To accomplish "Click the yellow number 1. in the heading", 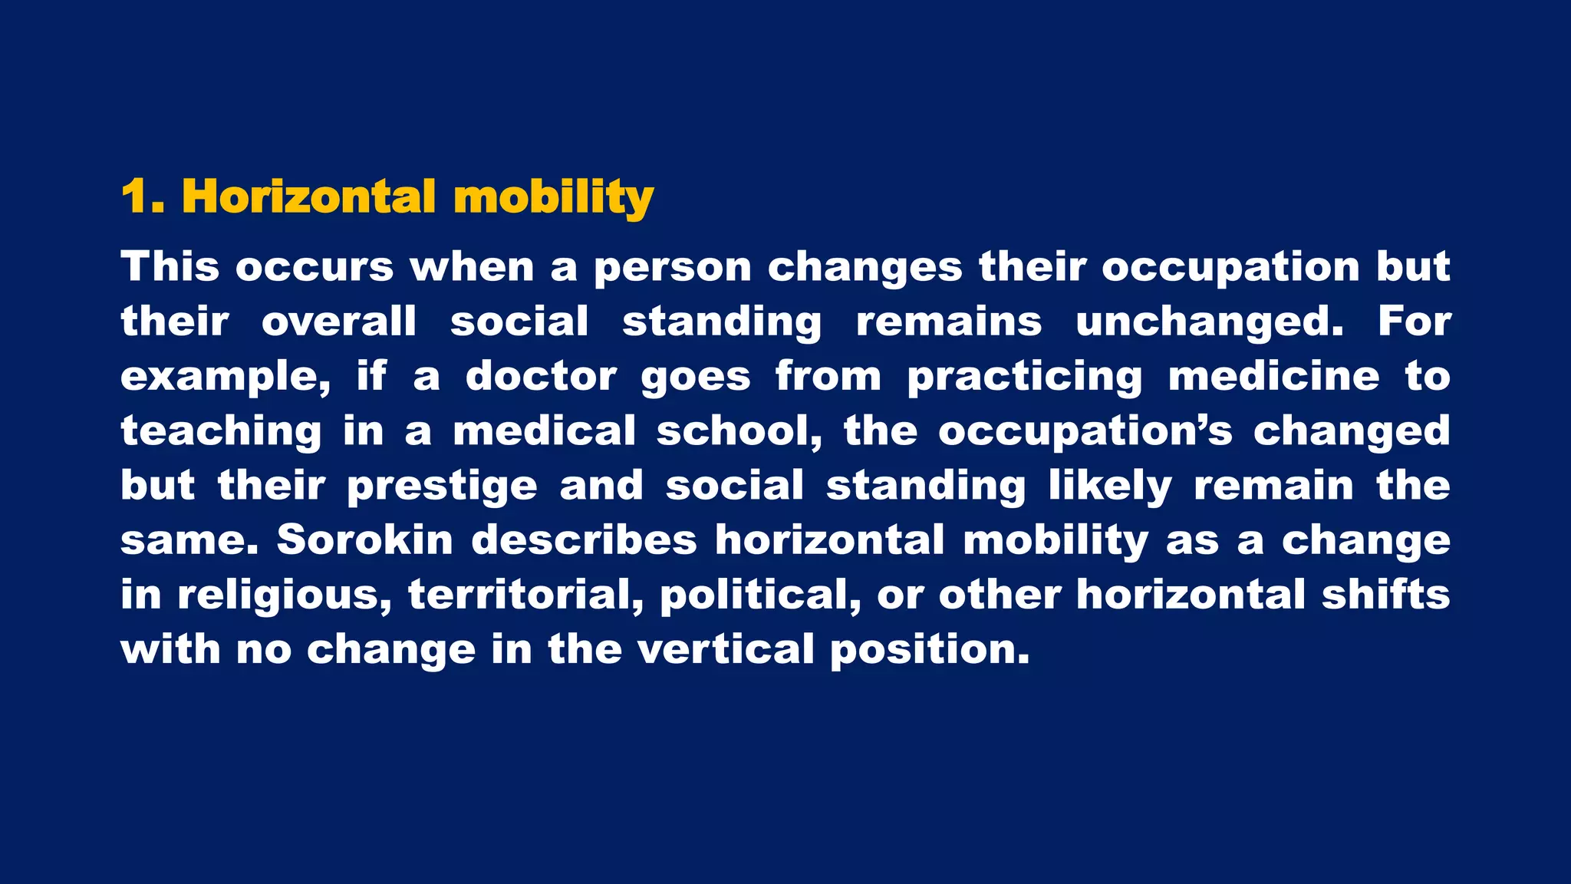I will point(143,197).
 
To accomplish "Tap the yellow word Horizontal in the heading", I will point(308,197).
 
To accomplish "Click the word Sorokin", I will point(365,539).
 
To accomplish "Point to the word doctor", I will point(541,376).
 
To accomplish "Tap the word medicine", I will point(1273,376).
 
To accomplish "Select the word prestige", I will point(442,487).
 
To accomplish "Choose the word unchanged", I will point(1210,322).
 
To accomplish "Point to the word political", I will point(760,595).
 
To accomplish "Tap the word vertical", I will point(726,649).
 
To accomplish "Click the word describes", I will point(584,539).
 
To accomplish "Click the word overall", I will point(339,322).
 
